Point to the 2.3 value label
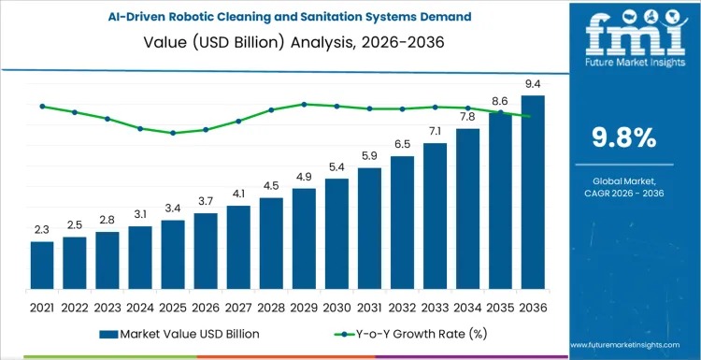(x=42, y=230)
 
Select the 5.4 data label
(x=336, y=167)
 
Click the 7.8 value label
(x=467, y=117)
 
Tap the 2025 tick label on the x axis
(x=173, y=306)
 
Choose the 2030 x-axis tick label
(x=336, y=306)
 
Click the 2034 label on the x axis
(x=467, y=306)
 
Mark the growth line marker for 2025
(x=173, y=133)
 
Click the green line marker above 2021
(x=42, y=106)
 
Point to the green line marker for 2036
(x=533, y=116)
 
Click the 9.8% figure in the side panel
(x=624, y=137)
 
